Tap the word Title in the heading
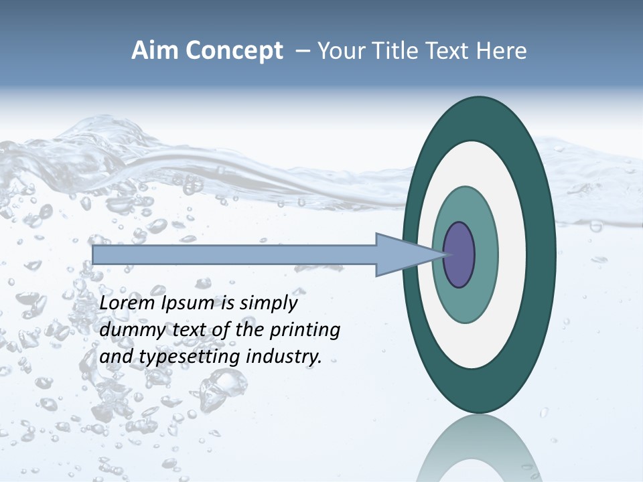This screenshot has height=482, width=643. coord(396,51)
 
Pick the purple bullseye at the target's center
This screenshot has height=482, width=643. coord(459,254)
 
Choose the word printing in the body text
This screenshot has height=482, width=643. coord(305,331)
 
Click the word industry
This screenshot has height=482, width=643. coord(284,357)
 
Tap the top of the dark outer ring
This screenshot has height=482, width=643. coord(479,117)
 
